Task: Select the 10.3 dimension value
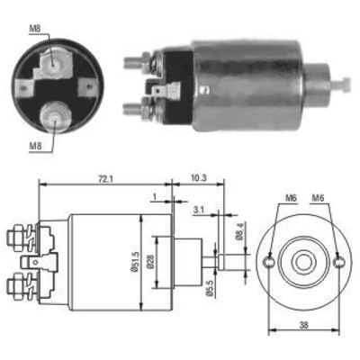pos(198,178)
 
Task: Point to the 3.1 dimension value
pos(199,210)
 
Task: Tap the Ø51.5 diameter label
pos(134,262)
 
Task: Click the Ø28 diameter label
pos(150,262)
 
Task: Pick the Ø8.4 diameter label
pos(238,233)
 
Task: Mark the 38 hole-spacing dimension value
pos(303,325)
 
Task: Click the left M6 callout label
pos(291,198)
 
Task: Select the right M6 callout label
pos(318,198)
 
